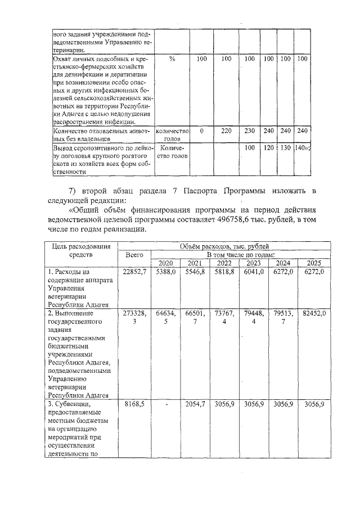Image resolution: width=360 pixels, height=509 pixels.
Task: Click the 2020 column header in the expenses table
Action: [x=165, y=263]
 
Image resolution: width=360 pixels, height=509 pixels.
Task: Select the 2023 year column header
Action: [x=253, y=263]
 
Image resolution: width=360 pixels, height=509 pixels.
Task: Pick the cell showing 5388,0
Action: [x=165, y=272]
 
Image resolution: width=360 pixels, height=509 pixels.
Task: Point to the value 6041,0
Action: [x=253, y=272]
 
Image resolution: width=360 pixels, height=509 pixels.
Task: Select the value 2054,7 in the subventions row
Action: [x=194, y=404]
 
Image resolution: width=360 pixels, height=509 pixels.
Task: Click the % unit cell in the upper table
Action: [x=172, y=59]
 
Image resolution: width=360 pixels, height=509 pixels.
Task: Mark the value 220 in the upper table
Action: [x=226, y=130]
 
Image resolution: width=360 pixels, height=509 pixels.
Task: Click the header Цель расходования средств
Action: [x=82, y=251]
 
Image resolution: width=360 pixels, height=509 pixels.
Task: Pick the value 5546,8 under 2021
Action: [x=194, y=272]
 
